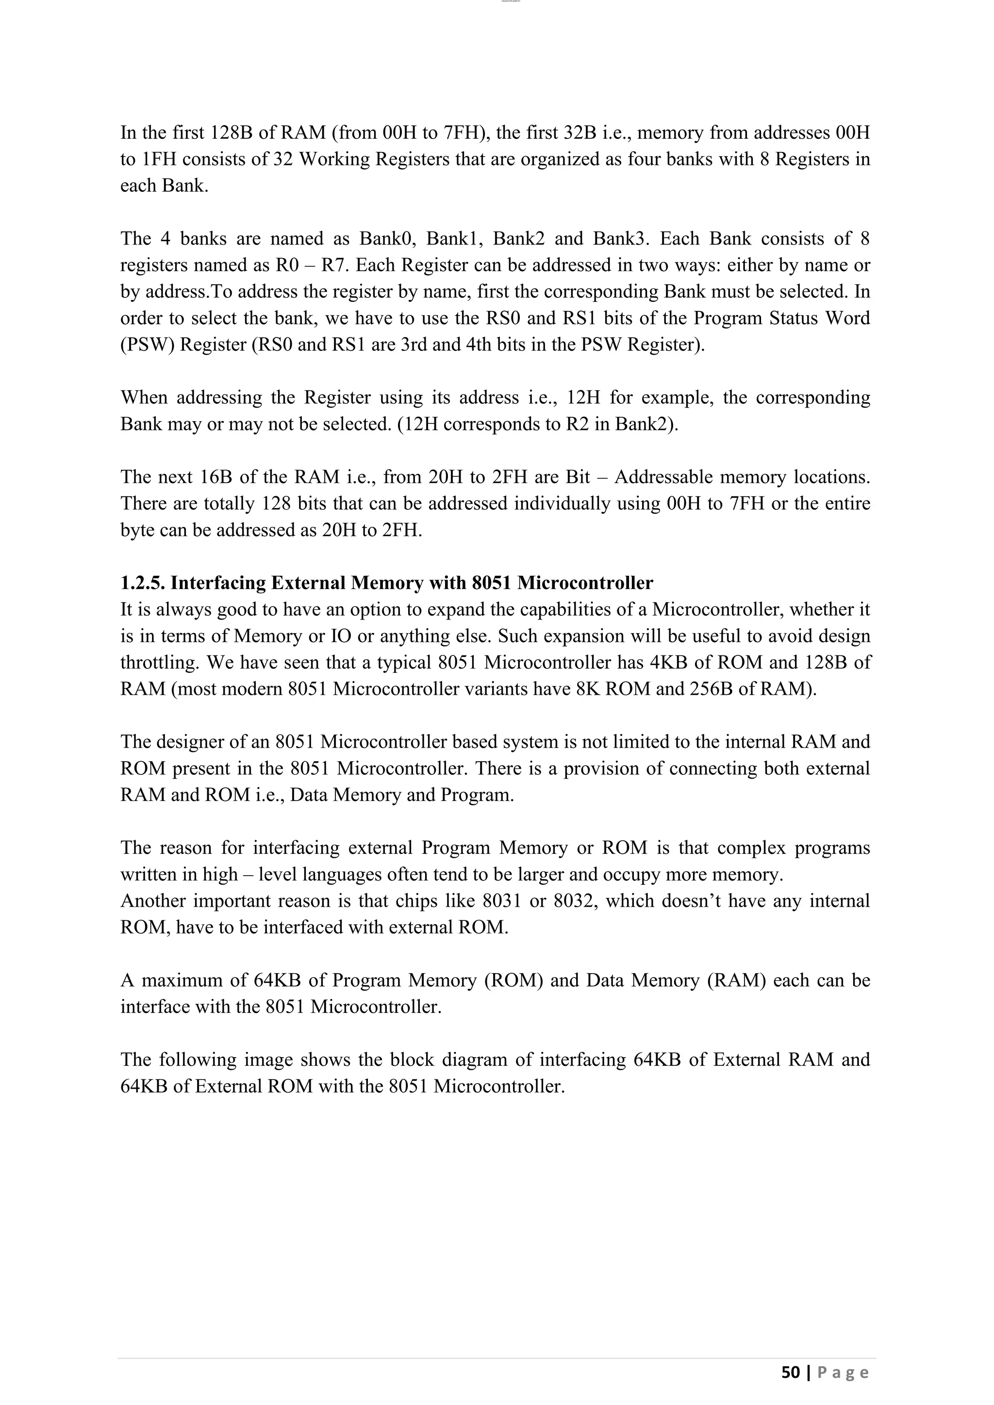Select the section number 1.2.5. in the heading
click(143, 583)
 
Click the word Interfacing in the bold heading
click(218, 583)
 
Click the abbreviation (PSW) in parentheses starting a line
click(148, 344)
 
